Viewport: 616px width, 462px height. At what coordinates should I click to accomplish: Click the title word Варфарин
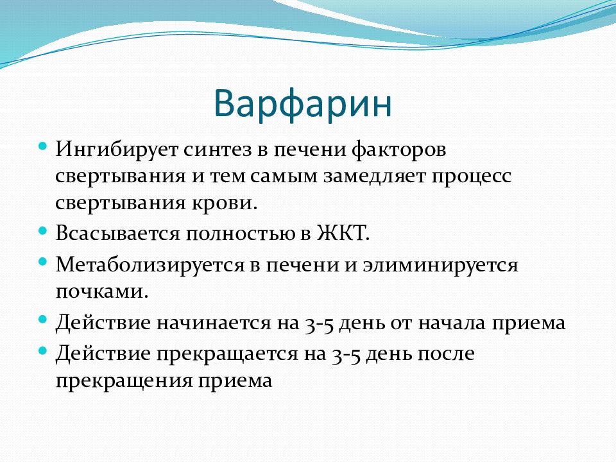tap(302, 104)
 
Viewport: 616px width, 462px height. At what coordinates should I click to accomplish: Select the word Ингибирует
tap(117, 150)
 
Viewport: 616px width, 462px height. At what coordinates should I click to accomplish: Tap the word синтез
tap(218, 150)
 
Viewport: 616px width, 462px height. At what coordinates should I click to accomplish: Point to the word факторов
tap(399, 150)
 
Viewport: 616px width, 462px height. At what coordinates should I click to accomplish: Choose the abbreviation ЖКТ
tap(343, 234)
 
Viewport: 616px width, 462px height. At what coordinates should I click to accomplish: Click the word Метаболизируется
tap(150, 265)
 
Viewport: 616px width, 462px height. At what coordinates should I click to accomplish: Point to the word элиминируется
tap(440, 265)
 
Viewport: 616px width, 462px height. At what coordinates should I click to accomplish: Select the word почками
tap(102, 291)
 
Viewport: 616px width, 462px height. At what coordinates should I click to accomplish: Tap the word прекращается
tap(227, 354)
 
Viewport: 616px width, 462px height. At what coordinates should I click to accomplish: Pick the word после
tap(446, 354)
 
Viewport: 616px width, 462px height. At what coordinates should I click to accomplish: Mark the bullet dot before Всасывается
tap(43, 230)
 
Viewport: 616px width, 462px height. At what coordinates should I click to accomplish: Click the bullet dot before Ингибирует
tap(43, 146)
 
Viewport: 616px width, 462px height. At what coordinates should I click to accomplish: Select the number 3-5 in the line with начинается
tap(319, 324)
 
